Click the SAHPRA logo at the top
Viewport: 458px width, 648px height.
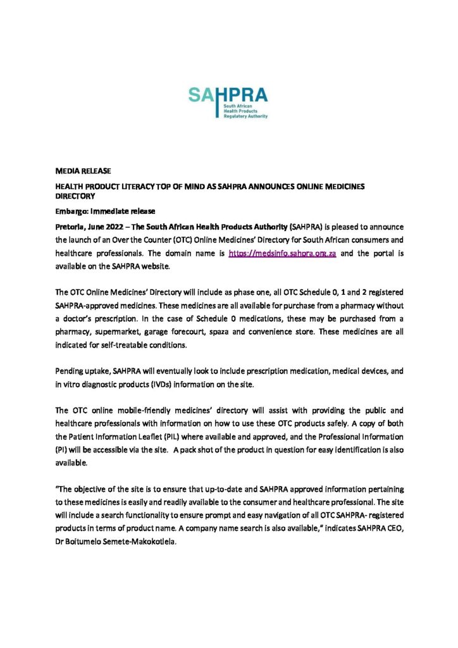click(228, 102)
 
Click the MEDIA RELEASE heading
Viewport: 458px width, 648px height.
click(75, 171)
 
